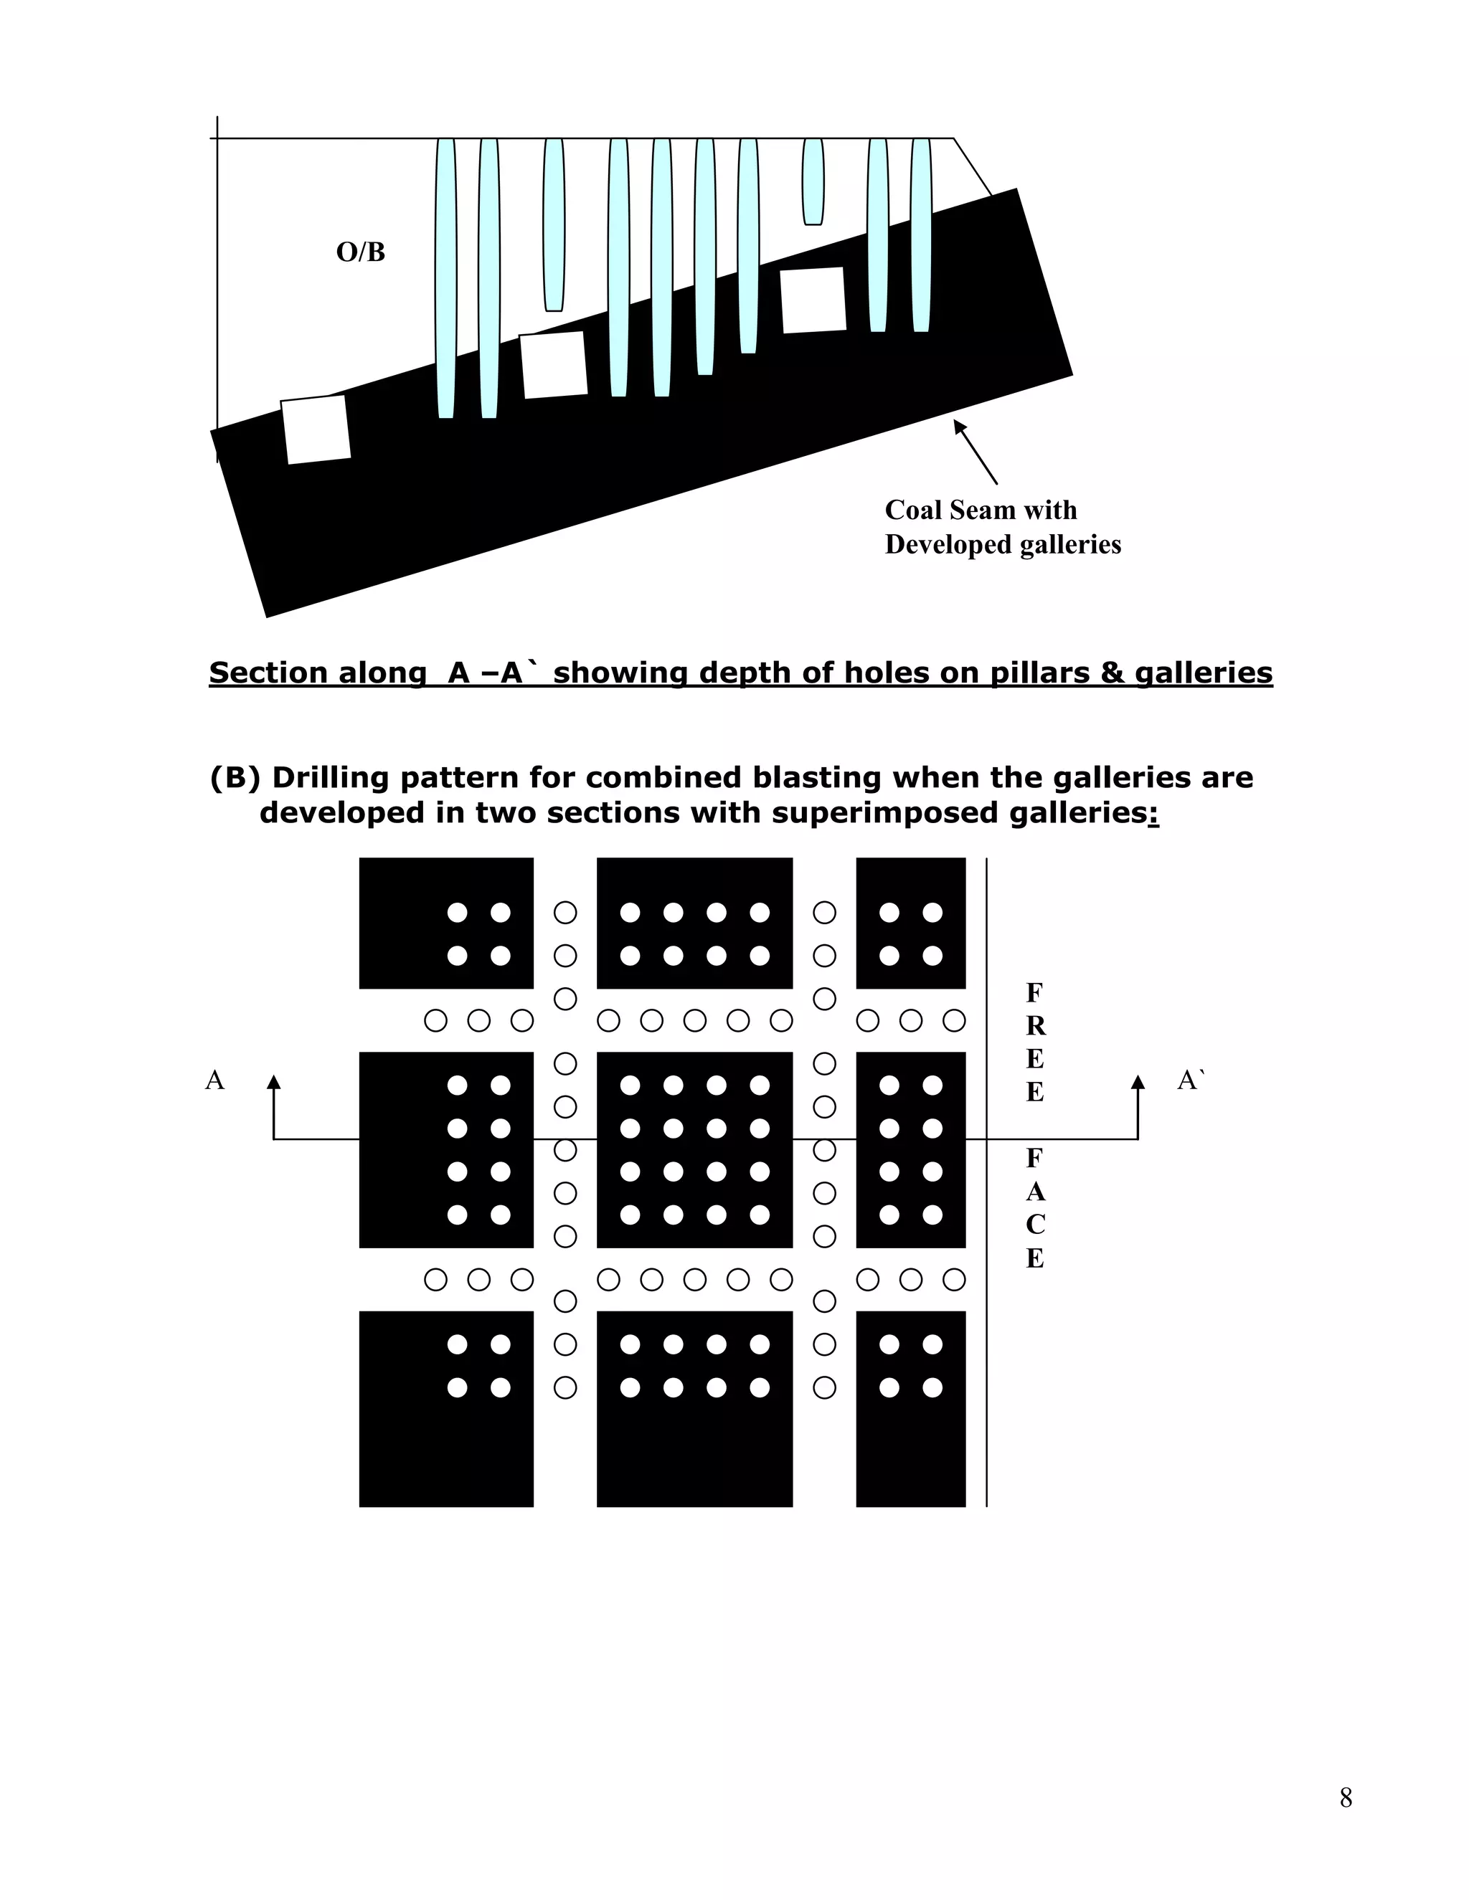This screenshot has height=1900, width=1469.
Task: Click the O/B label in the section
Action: click(x=360, y=252)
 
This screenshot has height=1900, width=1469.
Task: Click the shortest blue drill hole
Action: click(x=813, y=181)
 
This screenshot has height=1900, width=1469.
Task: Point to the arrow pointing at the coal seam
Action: click(x=975, y=452)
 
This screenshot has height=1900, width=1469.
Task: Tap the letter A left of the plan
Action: click(x=214, y=1080)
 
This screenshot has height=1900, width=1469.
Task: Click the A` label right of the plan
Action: click(x=1191, y=1080)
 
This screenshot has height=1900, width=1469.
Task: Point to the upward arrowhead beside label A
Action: click(x=274, y=1082)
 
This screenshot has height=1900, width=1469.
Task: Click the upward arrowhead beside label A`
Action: click(x=1138, y=1082)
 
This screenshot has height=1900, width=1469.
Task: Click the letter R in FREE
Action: click(x=1035, y=1027)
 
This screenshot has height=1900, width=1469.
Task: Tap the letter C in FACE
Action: click(x=1035, y=1225)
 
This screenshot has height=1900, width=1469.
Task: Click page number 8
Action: click(x=1346, y=1797)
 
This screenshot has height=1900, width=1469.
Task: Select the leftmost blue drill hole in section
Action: click(x=445, y=278)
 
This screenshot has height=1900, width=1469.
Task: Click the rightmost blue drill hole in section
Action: click(x=921, y=235)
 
